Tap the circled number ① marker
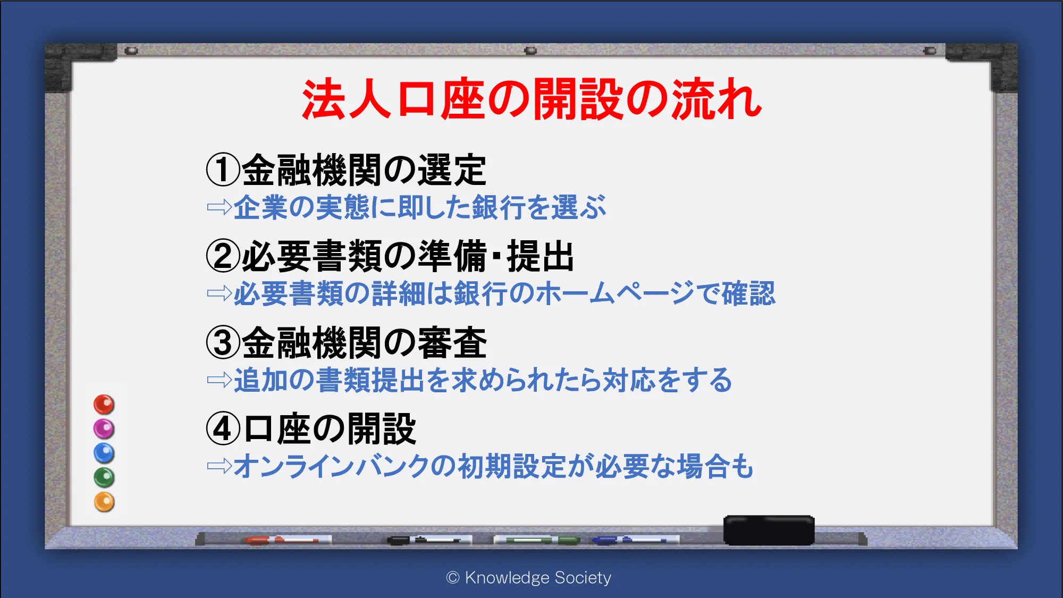pyautogui.click(x=223, y=170)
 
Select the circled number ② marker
pyautogui.click(x=223, y=256)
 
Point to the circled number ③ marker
pyautogui.click(x=223, y=342)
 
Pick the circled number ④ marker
pyautogui.click(x=223, y=429)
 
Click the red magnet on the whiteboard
pyautogui.click(x=104, y=405)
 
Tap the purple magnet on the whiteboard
pyautogui.click(x=104, y=428)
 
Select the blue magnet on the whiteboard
pyautogui.click(x=104, y=453)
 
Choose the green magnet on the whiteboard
pyautogui.click(x=104, y=477)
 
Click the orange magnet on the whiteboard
pyautogui.click(x=104, y=502)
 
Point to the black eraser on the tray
pyautogui.click(x=769, y=530)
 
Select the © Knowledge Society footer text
pyautogui.click(x=529, y=577)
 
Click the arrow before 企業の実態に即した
pyautogui.click(x=220, y=207)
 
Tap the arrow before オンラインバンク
pyautogui.click(x=220, y=466)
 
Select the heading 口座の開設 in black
pyautogui.click(x=330, y=429)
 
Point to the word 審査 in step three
pyautogui.click(x=452, y=343)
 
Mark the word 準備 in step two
pyautogui.click(x=452, y=256)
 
